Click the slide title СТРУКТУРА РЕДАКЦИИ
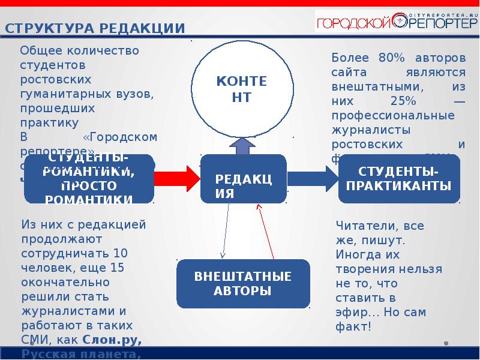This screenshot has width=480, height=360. tap(95, 28)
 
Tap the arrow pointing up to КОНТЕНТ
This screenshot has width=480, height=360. tap(242, 145)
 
